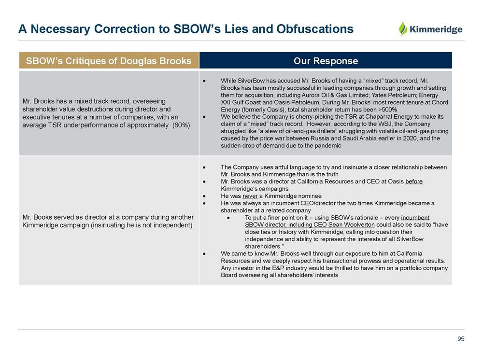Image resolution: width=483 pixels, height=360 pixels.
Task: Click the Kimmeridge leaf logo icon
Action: [403, 29]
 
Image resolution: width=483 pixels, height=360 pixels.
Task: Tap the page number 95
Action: [461, 339]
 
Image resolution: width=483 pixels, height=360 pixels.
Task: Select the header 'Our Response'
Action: [326, 61]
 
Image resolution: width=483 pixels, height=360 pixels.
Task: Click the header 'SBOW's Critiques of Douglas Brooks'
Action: [109, 61]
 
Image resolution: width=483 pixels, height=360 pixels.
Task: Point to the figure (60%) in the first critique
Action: [181, 125]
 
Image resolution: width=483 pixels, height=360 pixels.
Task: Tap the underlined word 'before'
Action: [414, 181]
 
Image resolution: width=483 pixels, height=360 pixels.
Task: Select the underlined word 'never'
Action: [250, 196]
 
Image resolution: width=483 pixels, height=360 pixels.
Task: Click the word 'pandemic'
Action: [328, 145]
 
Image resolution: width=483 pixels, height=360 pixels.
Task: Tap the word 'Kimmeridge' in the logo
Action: [436, 29]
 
